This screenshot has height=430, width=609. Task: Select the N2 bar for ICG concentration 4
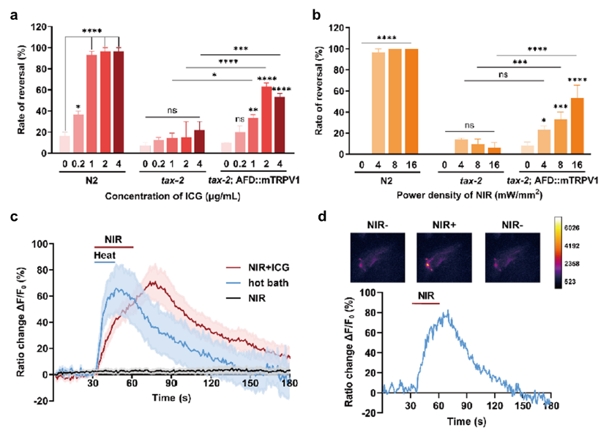[119, 102]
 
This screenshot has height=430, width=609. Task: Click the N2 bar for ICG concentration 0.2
[78, 134]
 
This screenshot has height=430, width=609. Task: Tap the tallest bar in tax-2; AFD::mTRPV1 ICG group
[266, 120]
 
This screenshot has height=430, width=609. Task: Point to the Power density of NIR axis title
[468, 195]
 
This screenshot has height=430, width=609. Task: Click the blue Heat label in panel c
[105, 254]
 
